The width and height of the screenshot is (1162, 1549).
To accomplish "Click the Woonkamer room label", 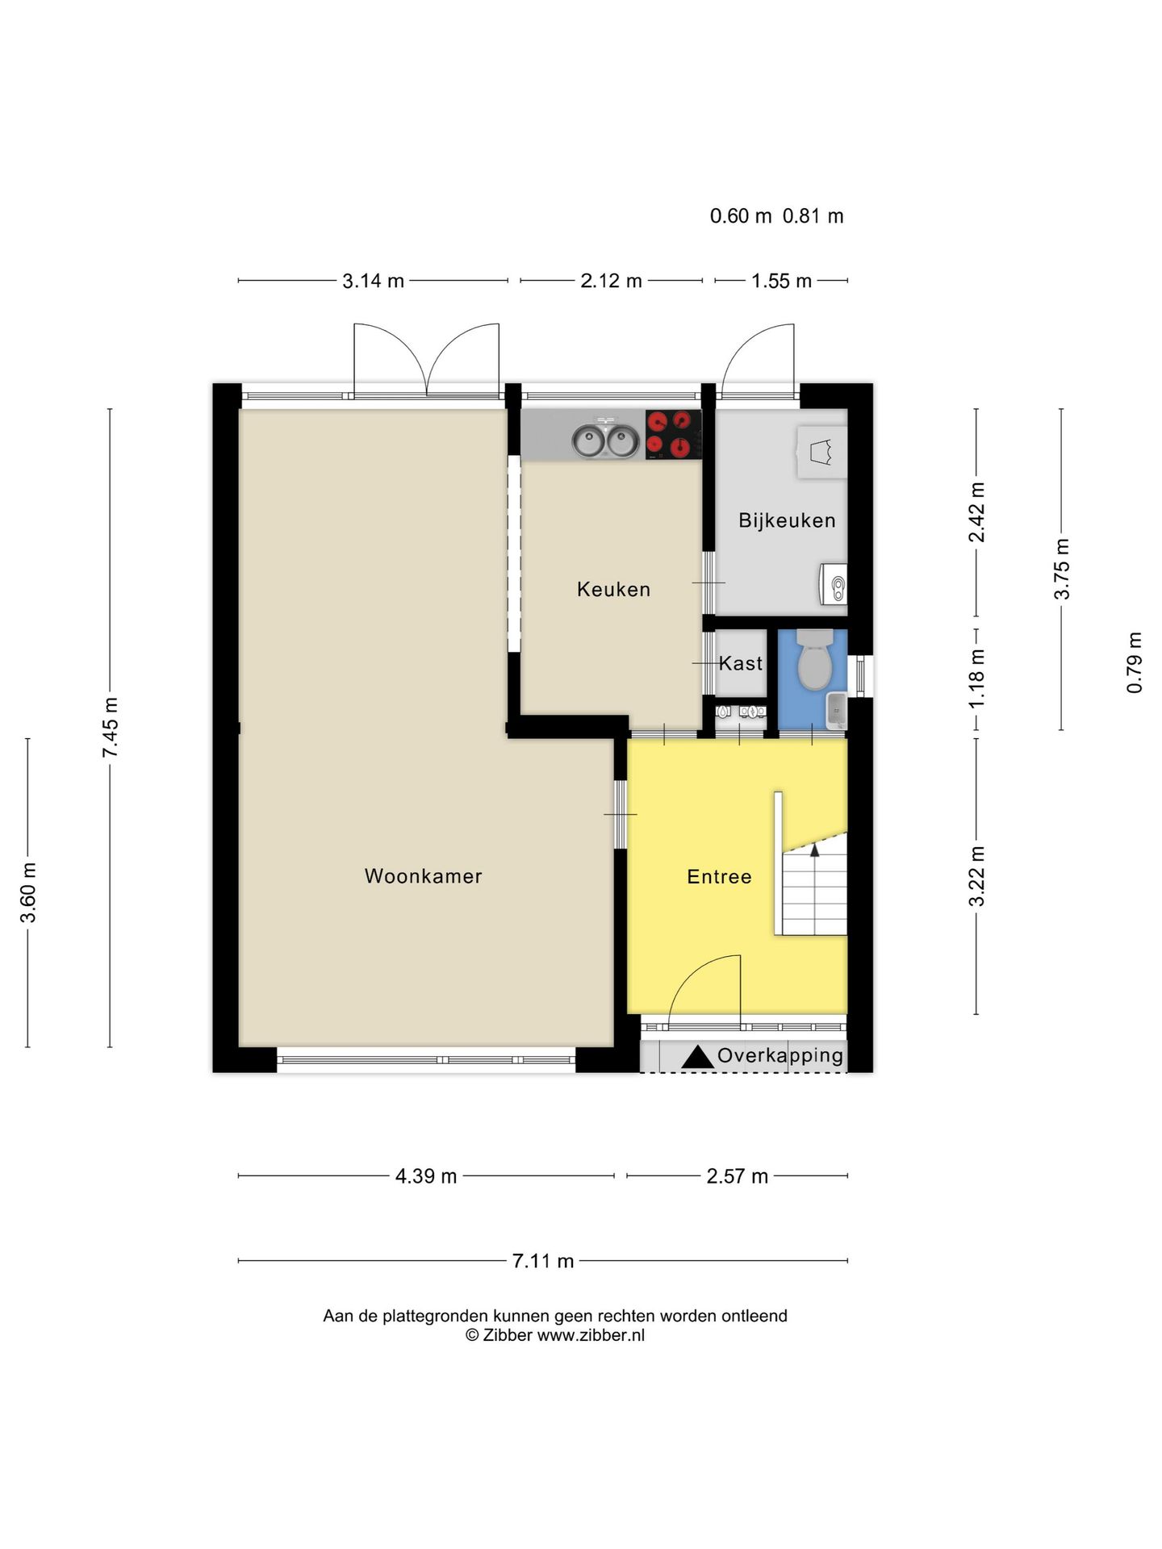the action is point(423,876).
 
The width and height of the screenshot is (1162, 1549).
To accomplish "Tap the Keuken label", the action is point(613,590).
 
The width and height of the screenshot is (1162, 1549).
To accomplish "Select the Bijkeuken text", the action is point(787,520).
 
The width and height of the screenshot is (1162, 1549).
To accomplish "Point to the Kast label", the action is point(741,663).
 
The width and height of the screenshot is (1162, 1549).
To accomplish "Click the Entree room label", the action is point(719,877).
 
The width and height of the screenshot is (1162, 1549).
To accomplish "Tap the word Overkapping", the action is point(780,1056).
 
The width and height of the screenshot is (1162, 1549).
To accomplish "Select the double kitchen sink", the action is point(605,440).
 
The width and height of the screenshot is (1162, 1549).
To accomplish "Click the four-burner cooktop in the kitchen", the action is point(673,434).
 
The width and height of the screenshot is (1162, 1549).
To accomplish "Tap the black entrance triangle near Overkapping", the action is point(698,1058).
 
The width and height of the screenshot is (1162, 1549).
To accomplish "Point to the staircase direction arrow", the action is point(814,848).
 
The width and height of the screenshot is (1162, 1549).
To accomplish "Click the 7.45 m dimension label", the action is point(111,728).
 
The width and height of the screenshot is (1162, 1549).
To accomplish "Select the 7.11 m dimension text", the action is point(543,1261).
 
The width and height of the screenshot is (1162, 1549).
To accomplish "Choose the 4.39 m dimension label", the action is point(426,1176).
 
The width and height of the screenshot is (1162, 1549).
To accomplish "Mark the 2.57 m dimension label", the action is point(738,1176).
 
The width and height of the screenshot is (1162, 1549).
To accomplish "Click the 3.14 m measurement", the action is point(374,281).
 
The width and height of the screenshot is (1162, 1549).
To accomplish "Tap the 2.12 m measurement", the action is point(612,281).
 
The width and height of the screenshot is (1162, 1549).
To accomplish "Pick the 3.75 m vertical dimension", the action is point(1062,569).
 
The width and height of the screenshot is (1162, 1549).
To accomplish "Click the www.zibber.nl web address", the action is point(591,1335).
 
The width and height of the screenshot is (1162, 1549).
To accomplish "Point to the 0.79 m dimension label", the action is point(1135,662).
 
